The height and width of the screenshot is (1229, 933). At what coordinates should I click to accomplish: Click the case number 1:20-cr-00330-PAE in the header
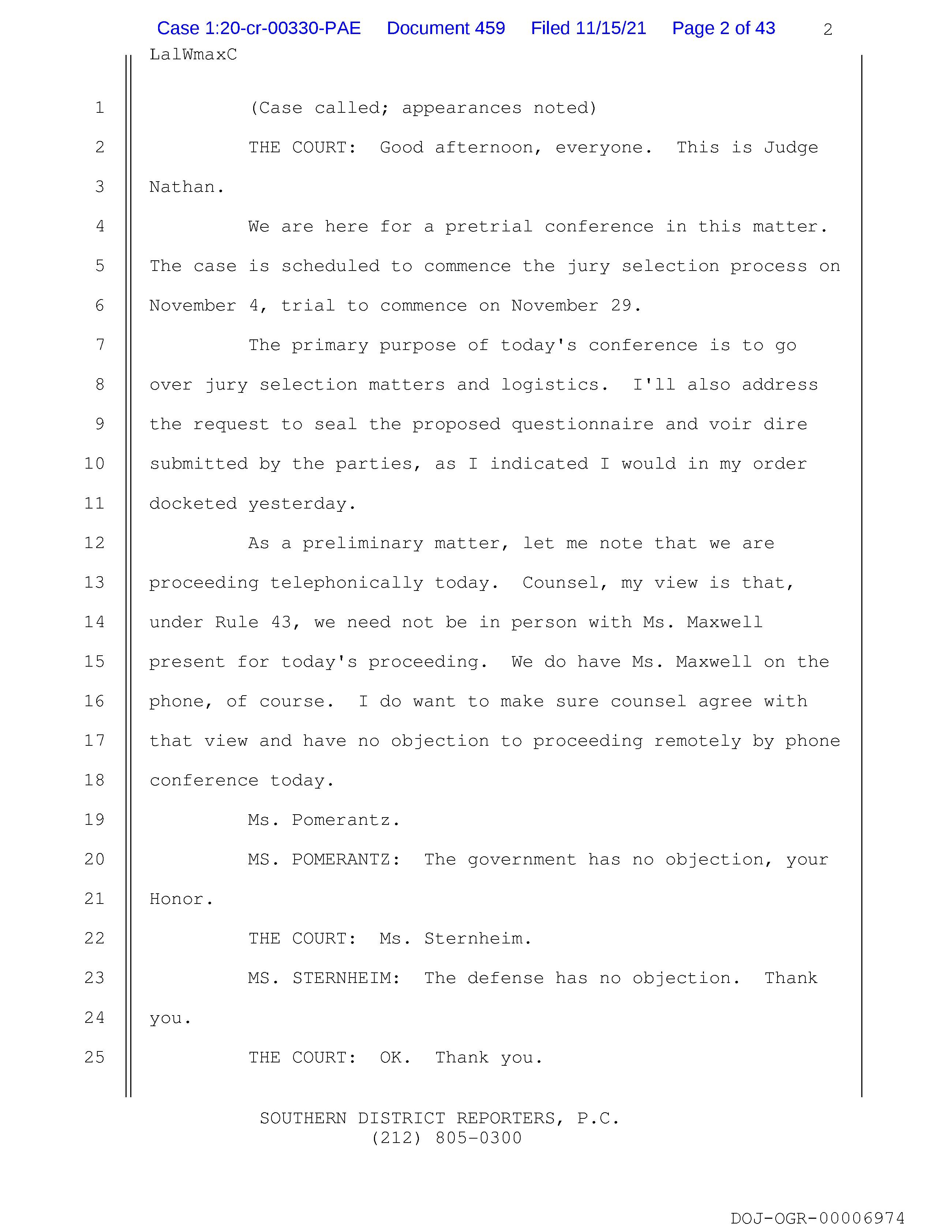tap(259, 28)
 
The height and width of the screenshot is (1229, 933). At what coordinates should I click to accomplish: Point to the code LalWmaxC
tap(193, 55)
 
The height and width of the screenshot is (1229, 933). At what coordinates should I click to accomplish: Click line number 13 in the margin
tap(94, 582)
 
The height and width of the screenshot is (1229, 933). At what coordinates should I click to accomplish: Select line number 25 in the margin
tap(94, 1057)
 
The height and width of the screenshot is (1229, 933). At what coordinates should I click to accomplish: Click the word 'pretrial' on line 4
tap(489, 227)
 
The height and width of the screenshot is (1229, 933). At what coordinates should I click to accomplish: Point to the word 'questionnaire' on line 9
tap(582, 424)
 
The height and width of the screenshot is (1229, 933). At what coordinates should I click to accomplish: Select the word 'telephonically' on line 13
tap(346, 583)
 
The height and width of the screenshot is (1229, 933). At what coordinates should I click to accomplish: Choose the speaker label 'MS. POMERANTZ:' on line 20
tap(324, 860)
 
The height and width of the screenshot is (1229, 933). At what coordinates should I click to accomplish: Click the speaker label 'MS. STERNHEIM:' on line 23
tap(324, 979)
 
